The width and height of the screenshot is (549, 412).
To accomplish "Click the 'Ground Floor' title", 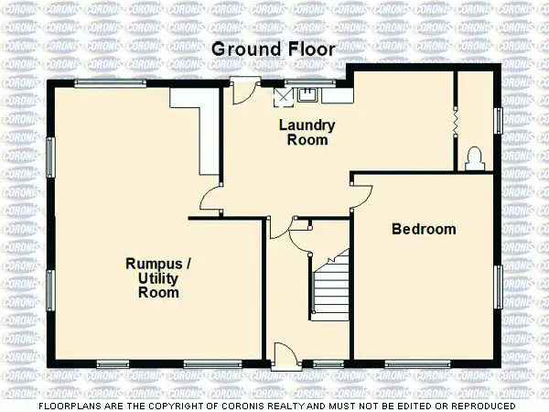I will point(274,49).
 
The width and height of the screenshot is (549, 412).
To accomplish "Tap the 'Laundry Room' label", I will point(307,133).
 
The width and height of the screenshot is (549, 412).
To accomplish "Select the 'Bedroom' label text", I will point(424,229).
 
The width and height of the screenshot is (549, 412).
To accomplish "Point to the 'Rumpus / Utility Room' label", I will point(158,278).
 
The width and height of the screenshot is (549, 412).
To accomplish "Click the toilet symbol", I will point(474,159).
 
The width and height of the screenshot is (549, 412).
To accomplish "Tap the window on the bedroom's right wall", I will point(499,286).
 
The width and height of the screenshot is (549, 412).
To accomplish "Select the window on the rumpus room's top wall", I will point(110,83).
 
